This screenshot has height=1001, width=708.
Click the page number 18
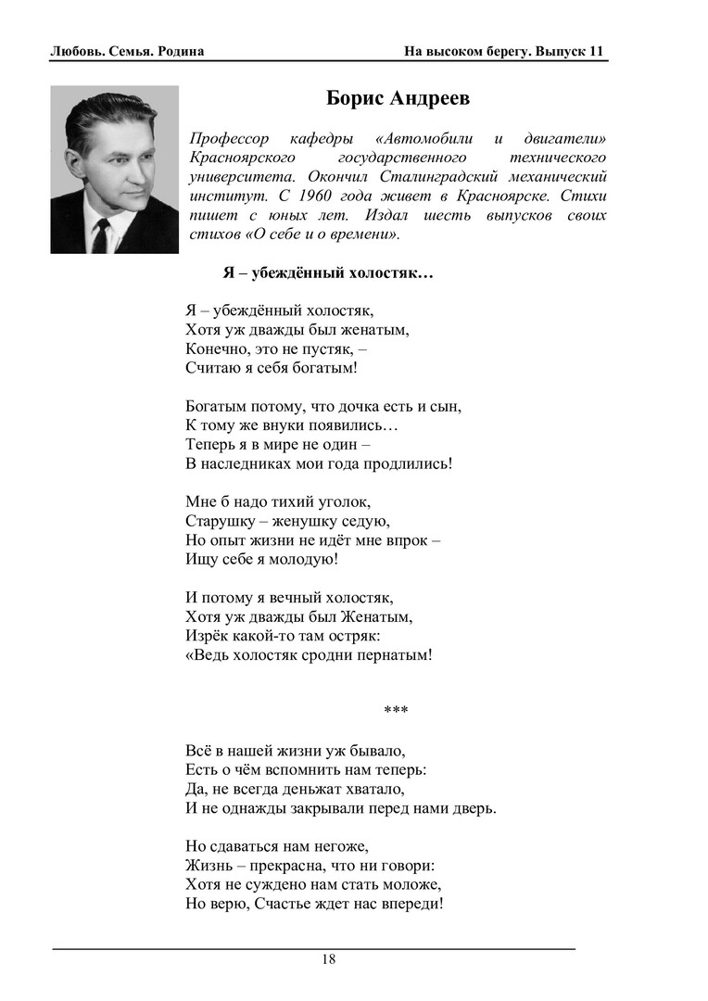point(329,959)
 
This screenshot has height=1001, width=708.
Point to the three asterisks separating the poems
point(396,712)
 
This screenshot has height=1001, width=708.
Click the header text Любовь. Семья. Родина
point(127,51)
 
